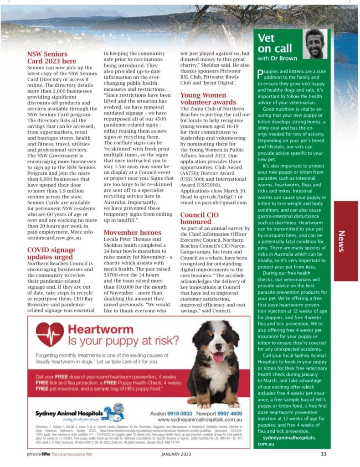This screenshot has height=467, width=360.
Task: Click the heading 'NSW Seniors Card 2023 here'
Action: (51, 57)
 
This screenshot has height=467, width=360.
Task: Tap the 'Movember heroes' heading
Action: (132, 232)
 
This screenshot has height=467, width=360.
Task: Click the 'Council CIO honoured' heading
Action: (199, 218)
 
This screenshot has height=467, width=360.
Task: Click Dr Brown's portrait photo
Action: (315, 44)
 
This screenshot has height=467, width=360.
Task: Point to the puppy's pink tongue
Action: (218, 357)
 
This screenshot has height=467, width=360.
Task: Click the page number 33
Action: (324, 454)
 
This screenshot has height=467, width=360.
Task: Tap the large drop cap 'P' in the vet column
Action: (260, 74)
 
